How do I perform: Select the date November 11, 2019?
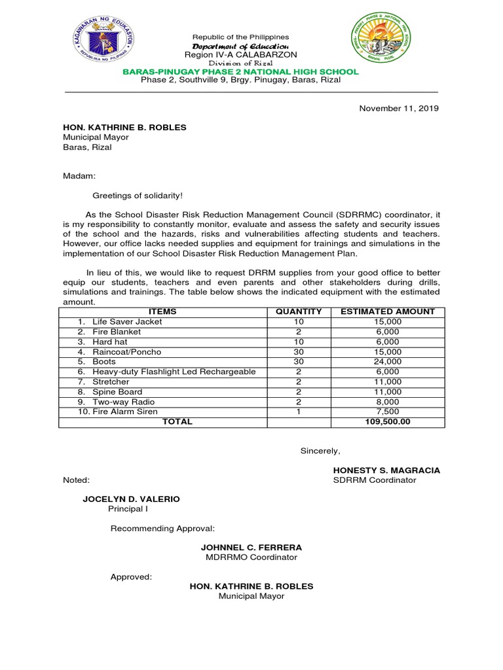(x=399, y=109)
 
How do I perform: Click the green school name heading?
(x=241, y=71)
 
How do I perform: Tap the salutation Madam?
(x=79, y=176)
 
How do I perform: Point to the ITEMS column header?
(x=162, y=311)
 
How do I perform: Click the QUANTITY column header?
(x=299, y=311)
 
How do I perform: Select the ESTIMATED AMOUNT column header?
(x=388, y=311)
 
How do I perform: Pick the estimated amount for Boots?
(x=388, y=361)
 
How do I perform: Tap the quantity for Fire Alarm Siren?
(x=299, y=412)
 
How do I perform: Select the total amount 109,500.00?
(x=388, y=422)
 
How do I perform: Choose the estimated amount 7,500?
(x=388, y=412)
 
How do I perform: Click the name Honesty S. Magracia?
(x=386, y=470)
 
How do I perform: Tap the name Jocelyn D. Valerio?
(x=131, y=499)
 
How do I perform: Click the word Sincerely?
(x=320, y=450)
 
